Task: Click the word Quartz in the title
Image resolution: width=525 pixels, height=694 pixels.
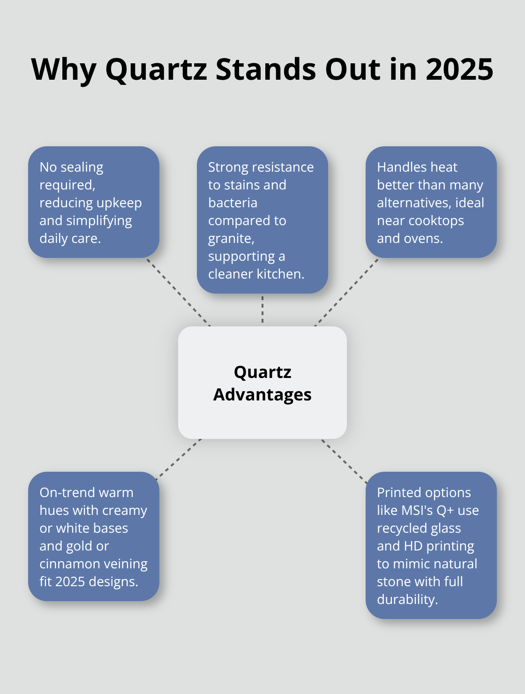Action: pyautogui.click(x=156, y=69)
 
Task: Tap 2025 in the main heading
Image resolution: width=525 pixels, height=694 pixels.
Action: pyautogui.click(x=459, y=69)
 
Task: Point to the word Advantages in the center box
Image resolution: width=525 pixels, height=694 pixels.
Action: pyautogui.click(x=262, y=395)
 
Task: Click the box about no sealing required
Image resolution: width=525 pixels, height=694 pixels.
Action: pyautogui.click(x=94, y=202)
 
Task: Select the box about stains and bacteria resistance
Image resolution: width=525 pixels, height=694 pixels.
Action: pyautogui.click(x=262, y=220)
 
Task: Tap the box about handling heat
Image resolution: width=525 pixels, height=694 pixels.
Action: pyautogui.click(x=431, y=202)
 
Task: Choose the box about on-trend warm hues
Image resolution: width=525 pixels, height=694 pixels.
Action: pyautogui.click(x=94, y=536)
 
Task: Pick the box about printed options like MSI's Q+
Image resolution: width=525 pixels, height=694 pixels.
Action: pyautogui.click(x=431, y=545)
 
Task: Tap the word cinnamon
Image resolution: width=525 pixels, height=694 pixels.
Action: pyautogui.click(x=69, y=564)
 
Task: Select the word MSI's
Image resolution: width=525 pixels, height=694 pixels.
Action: pyautogui.click(x=417, y=510)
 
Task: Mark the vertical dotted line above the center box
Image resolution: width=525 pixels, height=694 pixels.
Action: pyautogui.click(x=262, y=309)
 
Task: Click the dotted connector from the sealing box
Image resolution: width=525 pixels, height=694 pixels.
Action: pyautogui.click(x=179, y=292)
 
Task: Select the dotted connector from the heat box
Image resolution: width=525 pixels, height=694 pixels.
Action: pyautogui.click(x=346, y=292)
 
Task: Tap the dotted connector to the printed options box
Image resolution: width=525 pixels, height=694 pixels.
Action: pyautogui.click(x=345, y=460)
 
